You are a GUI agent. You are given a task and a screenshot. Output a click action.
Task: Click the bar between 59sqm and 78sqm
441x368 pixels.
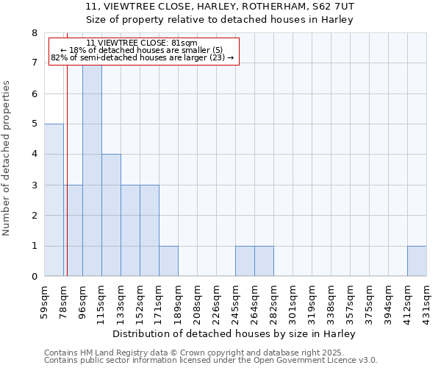(54, 200)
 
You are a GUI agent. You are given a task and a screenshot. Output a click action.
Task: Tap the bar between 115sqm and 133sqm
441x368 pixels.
(111, 215)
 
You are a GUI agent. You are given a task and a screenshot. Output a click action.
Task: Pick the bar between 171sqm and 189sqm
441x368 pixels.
(168, 261)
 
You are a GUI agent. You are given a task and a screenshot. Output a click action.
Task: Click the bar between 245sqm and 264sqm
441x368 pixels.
(245, 261)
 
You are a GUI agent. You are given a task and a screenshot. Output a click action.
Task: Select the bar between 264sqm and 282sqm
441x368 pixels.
(264, 261)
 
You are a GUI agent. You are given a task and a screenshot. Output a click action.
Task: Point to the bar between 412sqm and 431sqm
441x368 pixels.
(417, 261)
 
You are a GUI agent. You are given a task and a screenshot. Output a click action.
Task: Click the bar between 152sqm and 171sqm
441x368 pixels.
(149, 230)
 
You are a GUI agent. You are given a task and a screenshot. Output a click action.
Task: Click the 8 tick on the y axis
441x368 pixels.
(34, 33)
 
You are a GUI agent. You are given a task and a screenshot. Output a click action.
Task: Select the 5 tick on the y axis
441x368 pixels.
(34, 124)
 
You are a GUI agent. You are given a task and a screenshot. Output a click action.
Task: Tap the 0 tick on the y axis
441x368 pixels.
(34, 277)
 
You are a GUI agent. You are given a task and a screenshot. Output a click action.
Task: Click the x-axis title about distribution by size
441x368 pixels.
(235, 333)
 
